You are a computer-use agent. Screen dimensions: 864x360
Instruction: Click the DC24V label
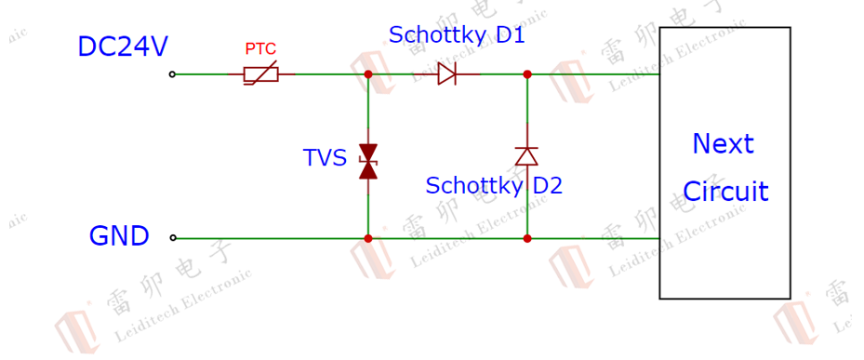coord(123,47)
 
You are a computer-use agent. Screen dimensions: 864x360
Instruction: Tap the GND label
coord(119,236)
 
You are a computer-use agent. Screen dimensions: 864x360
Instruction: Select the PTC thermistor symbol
coord(261,74)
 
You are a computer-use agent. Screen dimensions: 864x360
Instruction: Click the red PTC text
coord(260,49)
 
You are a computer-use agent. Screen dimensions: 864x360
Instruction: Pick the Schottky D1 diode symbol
coord(446,73)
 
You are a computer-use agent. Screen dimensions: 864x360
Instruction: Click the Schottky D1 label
coord(457,34)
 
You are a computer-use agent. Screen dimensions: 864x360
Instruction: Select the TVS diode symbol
coord(368,162)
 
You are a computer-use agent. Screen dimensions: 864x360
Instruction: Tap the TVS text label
coord(325,158)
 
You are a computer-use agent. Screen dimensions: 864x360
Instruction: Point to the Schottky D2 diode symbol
coord(526,156)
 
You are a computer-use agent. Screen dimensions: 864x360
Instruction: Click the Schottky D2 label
coord(494,186)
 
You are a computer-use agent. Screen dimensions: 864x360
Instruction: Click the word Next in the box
coord(723,144)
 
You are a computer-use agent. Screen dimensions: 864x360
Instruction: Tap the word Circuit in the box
coord(725,192)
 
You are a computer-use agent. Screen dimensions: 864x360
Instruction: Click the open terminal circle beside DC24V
coord(172,73)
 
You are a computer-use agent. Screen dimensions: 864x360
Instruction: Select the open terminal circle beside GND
coord(173,237)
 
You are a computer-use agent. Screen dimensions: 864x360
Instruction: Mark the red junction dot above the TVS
coord(368,73)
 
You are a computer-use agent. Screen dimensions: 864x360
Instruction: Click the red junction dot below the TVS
coord(368,238)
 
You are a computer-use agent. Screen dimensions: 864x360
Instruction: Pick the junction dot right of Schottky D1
coord(526,73)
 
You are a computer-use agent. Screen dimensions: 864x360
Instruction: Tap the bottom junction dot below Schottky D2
coord(526,238)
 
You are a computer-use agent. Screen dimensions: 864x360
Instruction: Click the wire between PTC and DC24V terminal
coord(202,73)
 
